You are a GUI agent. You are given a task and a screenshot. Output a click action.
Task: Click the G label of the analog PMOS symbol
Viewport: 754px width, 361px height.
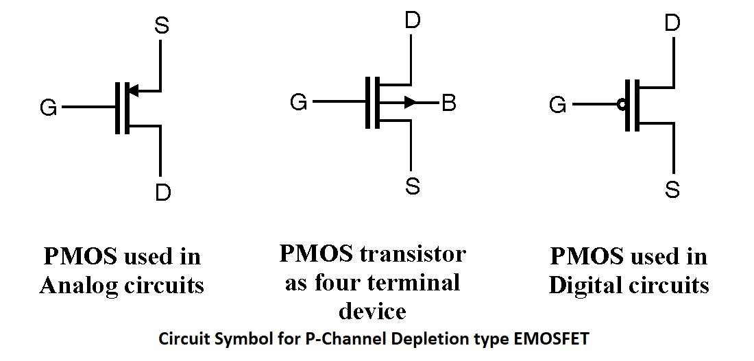click(49, 108)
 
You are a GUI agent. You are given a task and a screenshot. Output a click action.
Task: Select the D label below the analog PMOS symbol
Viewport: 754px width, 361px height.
click(163, 192)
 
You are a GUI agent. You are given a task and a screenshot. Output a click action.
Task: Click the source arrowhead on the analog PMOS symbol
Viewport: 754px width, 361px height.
click(134, 90)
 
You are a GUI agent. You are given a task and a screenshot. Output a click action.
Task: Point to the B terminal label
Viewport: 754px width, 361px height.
click(449, 103)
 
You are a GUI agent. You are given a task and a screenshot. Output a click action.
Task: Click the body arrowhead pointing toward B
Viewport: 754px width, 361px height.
click(410, 102)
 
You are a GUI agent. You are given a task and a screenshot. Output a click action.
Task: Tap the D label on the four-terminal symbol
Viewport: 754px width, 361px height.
click(412, 21)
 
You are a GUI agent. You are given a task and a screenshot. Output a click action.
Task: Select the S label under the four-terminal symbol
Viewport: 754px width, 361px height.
click(413, 185)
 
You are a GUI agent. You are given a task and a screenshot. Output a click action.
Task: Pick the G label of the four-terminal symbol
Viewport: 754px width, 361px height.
click(299, 102)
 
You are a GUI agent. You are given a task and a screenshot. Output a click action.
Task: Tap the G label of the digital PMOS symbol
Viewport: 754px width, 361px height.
click(558, 105)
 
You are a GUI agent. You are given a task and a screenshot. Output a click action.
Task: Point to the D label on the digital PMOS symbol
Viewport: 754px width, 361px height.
click(672, 23)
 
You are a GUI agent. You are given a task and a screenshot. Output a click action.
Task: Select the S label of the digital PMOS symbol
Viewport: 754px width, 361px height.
click(672, 189)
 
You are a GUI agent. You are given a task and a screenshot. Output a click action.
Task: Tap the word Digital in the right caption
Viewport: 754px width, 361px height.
click(583, 286)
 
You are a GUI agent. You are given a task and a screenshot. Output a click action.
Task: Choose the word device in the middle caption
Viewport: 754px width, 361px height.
click(373, 311)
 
